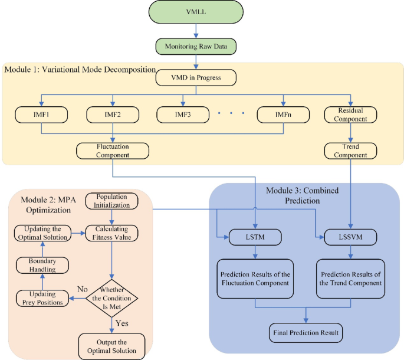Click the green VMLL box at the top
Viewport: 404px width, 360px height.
[x=195, y=12]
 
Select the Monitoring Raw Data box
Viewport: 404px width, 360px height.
[x=195, y=47]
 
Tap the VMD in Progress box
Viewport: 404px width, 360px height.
[x=195, y=77]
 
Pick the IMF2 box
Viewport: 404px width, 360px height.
[x=111, y=114]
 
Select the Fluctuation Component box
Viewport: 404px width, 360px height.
[x=112, y=150]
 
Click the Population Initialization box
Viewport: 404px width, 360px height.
[x=112, y=201]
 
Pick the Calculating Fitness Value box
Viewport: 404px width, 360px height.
[x=112, y=233]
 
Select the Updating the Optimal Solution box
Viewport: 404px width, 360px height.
[x=42, y=233]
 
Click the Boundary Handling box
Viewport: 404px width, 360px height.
[x=42, y=265]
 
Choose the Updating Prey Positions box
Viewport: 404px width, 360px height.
[x=42, y=298]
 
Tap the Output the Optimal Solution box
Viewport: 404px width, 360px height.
[x=112, y=346]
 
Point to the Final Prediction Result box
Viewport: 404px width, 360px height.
[x=306, y=333]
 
